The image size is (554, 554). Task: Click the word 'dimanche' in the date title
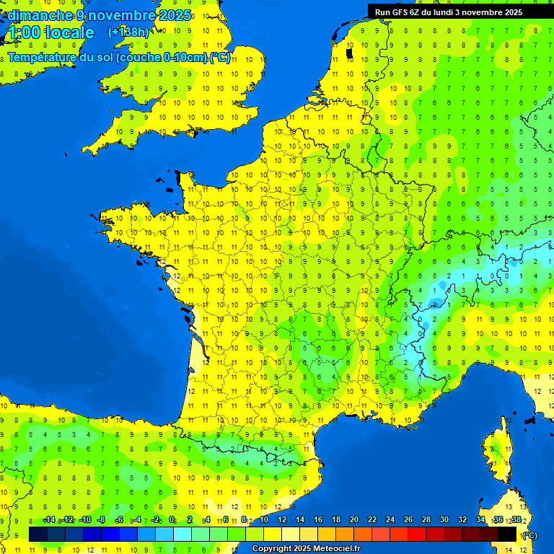tap(40, 15)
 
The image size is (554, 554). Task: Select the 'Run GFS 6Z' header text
tap(395, 12)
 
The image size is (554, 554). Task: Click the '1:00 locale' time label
tap(50, 33)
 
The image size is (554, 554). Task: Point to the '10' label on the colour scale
tap(263, 520)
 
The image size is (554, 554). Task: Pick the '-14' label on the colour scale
tap(49, 520)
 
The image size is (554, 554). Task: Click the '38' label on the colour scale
tap(516, 520)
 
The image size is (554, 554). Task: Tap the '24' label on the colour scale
tap(390, 520)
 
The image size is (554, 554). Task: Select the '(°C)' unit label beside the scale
tap(529, 535)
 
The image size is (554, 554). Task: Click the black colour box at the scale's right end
tap(507, 534)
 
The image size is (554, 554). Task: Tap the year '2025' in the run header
tap(514, 12)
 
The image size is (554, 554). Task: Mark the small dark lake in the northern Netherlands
tap(349, 53)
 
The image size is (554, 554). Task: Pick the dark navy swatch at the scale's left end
tap(38, 534)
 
